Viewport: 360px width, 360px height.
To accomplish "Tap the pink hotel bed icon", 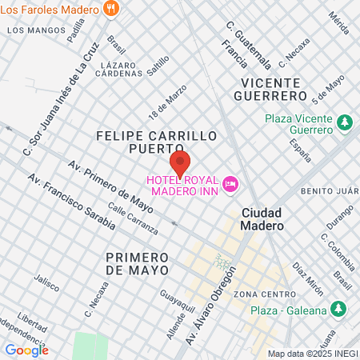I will [231, 184].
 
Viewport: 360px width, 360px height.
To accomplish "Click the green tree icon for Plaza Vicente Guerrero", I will [345, 123].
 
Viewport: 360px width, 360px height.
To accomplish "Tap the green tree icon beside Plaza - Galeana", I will [339, 309].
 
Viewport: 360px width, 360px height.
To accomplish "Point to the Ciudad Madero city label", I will [262, 219].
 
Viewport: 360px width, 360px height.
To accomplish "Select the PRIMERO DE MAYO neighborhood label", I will [138, 263].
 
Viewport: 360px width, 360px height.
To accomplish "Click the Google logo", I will [26, 350].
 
